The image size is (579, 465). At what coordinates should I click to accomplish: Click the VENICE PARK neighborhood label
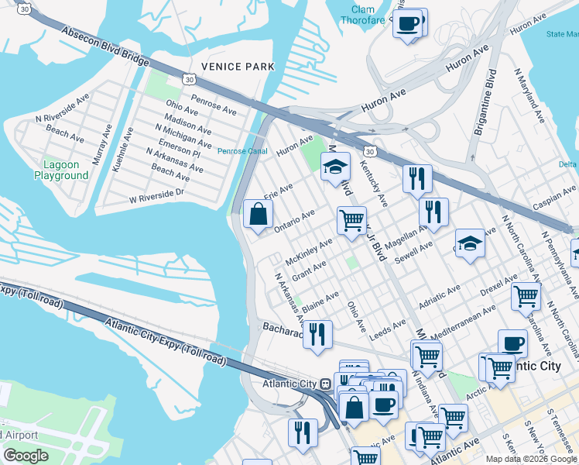pyautogui.click(x=238, y=67)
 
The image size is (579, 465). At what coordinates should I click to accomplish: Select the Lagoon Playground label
pyautogui.click(x=61, y=170)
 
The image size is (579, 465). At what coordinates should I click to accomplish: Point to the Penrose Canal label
pyautogui.click(x=242, y=151)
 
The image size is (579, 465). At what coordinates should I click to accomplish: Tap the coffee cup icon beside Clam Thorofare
pyautogui.click(x=409, y=22)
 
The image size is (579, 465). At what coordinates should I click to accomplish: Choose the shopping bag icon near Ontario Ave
pyautogui.click(x=258, y=215)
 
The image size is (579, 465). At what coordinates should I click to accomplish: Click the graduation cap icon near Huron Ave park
pyautogui.click(x=336, y=167)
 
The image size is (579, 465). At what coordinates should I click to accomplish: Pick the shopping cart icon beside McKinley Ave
pyautogui.click(x=351, y=221)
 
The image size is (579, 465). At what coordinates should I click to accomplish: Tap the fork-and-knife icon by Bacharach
pyautogui.click(x=317, y=334)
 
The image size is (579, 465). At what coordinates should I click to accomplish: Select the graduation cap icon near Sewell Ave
pyautogui.click(x=470, y=243)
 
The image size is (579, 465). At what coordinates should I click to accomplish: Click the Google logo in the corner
pyautogui.click(x=26, y=456)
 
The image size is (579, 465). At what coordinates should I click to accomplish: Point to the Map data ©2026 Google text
pyautogui.click(x=531, y=459)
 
